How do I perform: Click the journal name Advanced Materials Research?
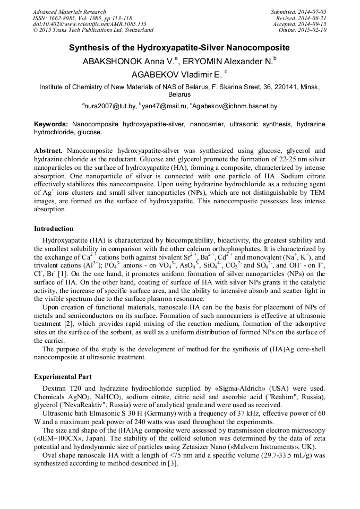tap(69, 12)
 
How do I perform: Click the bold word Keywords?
tap(51, 123)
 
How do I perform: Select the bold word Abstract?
tap(48, 151)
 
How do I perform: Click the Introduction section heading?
tap(54, 229)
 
